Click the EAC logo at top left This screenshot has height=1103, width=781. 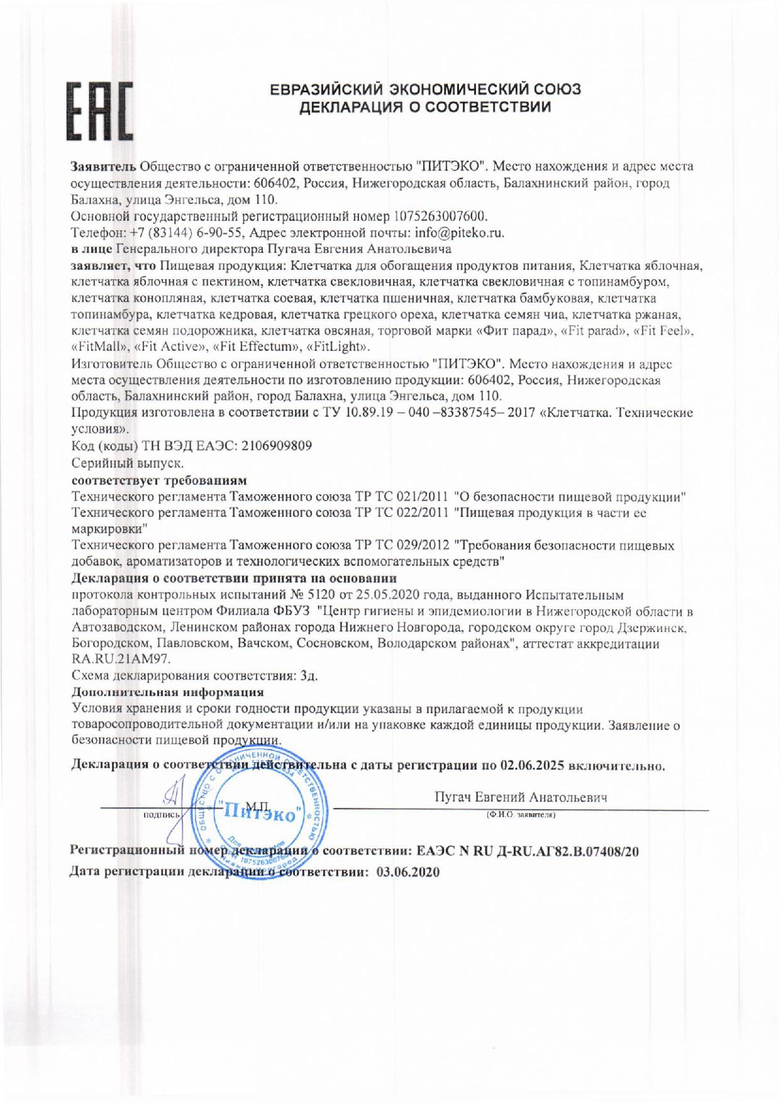(101, 111)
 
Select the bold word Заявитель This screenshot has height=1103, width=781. (102, 167)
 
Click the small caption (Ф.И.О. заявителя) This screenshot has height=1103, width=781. (520, 814)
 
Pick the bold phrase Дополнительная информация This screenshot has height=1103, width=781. (168, 692)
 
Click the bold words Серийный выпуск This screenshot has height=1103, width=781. (128, 463)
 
